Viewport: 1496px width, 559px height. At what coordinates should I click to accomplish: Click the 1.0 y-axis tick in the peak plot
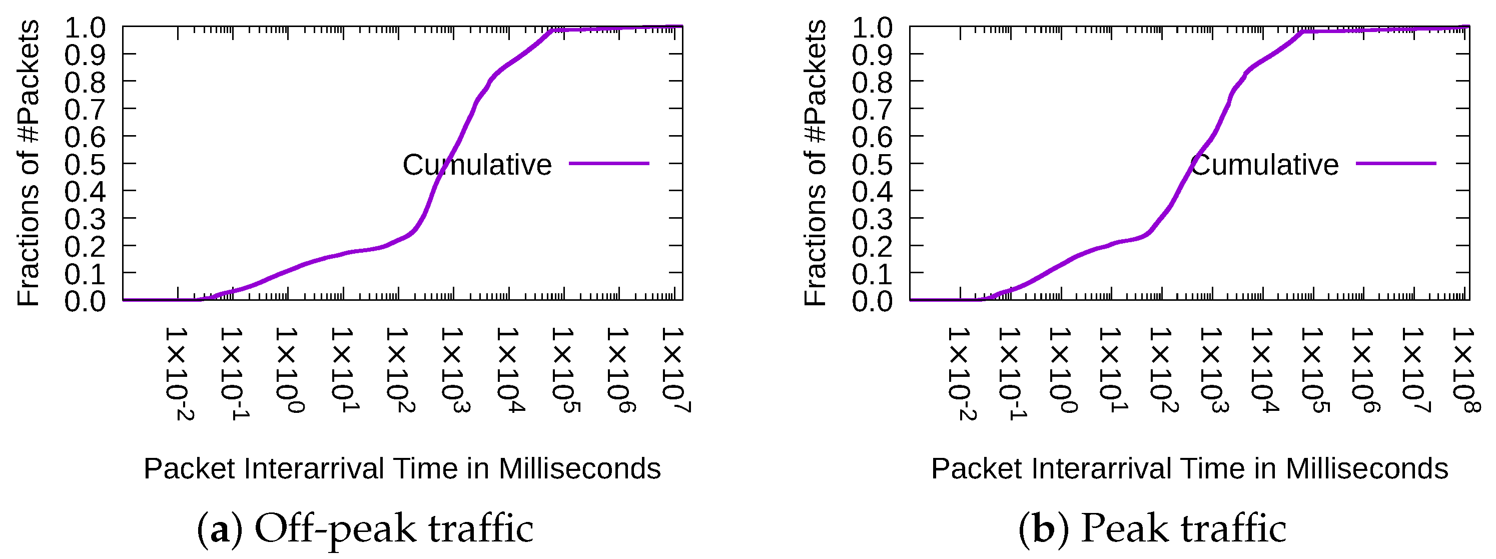[872, 28]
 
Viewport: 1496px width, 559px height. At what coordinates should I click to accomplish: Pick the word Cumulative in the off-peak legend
[477, 165]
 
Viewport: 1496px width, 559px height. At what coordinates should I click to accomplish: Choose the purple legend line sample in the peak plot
[1395, 164]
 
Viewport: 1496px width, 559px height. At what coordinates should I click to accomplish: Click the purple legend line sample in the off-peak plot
[608, 164]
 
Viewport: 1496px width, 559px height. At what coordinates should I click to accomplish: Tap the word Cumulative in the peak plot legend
[1264, 165]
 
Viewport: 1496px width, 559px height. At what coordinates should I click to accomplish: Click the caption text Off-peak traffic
[394, 529]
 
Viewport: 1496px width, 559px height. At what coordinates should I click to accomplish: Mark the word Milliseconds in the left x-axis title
[579, 468]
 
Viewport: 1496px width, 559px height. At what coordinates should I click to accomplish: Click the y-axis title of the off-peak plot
[28, 163]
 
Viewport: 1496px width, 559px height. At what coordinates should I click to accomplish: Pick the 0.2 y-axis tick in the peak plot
[872, 246]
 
